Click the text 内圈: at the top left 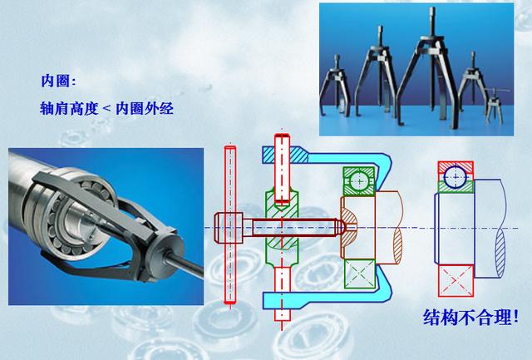(x=59, y=81)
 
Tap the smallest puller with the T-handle (x=500, y=104)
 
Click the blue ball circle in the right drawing (x=456, y=176)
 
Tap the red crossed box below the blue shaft (x=456, y=278)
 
